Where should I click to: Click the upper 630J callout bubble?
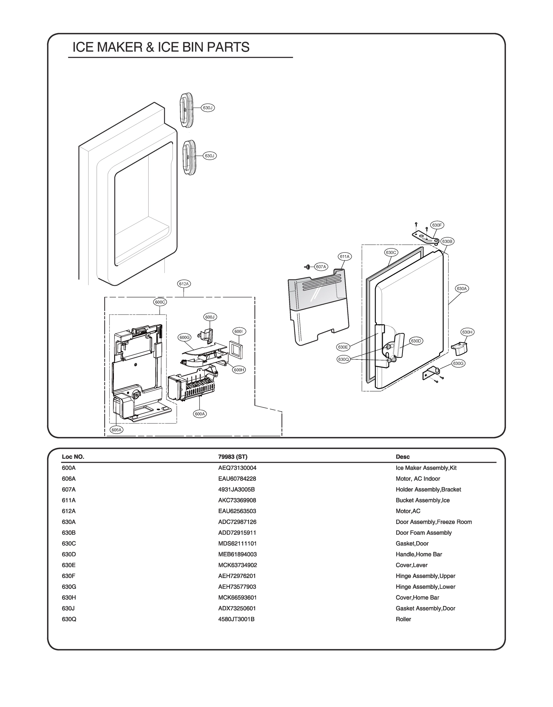click(208, 108)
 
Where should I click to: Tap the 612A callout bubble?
click(184, 284)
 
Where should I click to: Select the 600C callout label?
click(160, 302)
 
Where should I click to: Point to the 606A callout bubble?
click(116, 430)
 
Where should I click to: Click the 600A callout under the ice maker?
click(200, 414)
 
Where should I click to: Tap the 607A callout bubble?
click(321, 267)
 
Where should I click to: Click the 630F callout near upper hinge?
click(437, 225)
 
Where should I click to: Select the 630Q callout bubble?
click(343, 359)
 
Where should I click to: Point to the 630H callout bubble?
click(467, 332)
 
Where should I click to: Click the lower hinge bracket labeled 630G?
click(432, 373)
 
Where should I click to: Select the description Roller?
click(403, 619)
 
